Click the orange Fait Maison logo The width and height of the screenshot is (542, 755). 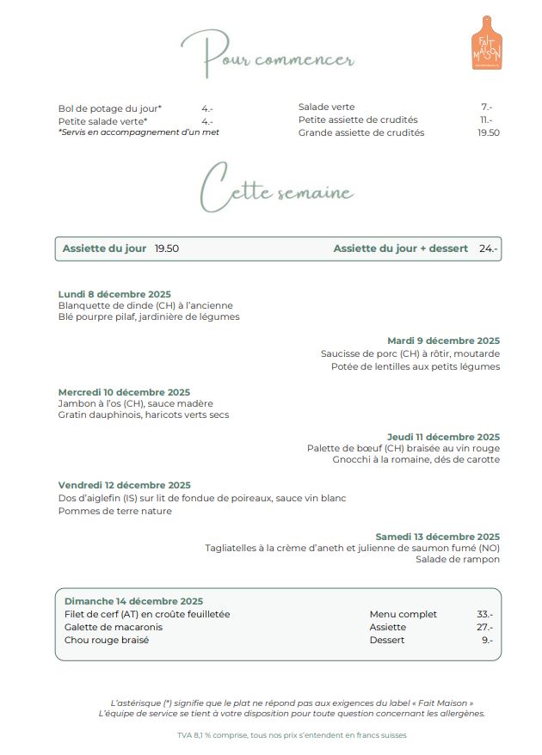(486, 43)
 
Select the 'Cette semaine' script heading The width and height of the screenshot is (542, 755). (275, 187)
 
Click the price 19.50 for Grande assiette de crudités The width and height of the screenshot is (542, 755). (489, 132)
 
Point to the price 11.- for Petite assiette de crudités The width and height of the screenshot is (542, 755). (486, 120)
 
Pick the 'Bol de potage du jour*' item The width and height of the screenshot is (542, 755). (110, 108)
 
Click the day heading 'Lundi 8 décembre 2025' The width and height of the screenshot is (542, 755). (114, 294)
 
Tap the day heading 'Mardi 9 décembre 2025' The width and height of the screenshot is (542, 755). (443, 341)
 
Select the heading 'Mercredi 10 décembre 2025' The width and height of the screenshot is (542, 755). (124, 392)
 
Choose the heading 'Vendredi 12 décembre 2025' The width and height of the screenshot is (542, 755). (125, 485)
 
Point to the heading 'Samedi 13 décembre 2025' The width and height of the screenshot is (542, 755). (437, 537)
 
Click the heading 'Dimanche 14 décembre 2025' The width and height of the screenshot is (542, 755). (133, 601)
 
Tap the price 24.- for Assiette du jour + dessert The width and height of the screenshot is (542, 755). (489, 249)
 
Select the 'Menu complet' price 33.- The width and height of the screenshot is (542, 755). (484, 614)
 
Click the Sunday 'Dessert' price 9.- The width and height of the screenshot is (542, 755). (487, 640)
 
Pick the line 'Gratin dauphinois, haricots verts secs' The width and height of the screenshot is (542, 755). (144, 414)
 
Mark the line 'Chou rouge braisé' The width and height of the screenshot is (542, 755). (107, 640)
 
